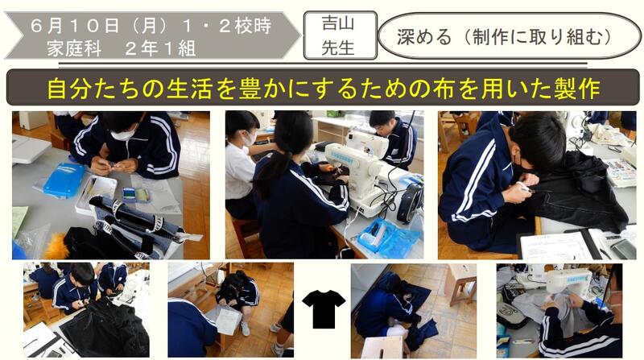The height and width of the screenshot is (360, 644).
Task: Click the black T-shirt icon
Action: click(324, 308)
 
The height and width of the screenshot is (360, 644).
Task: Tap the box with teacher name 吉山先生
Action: click(340, 35)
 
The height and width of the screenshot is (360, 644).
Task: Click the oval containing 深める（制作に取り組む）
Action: click(510, 35)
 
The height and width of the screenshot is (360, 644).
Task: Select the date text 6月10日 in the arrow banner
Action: click(75, 27)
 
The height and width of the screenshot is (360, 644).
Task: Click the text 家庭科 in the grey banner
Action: click(74, 49)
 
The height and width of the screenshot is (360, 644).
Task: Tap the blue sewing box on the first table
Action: click(64, 179)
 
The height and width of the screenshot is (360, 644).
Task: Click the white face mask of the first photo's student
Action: click(123, 134)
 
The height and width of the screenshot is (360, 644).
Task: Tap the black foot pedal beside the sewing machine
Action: click(410, 203)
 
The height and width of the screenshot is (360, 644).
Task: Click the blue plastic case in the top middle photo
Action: click(388, 238)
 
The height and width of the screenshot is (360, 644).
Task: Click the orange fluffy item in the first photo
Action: click(56, 246)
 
